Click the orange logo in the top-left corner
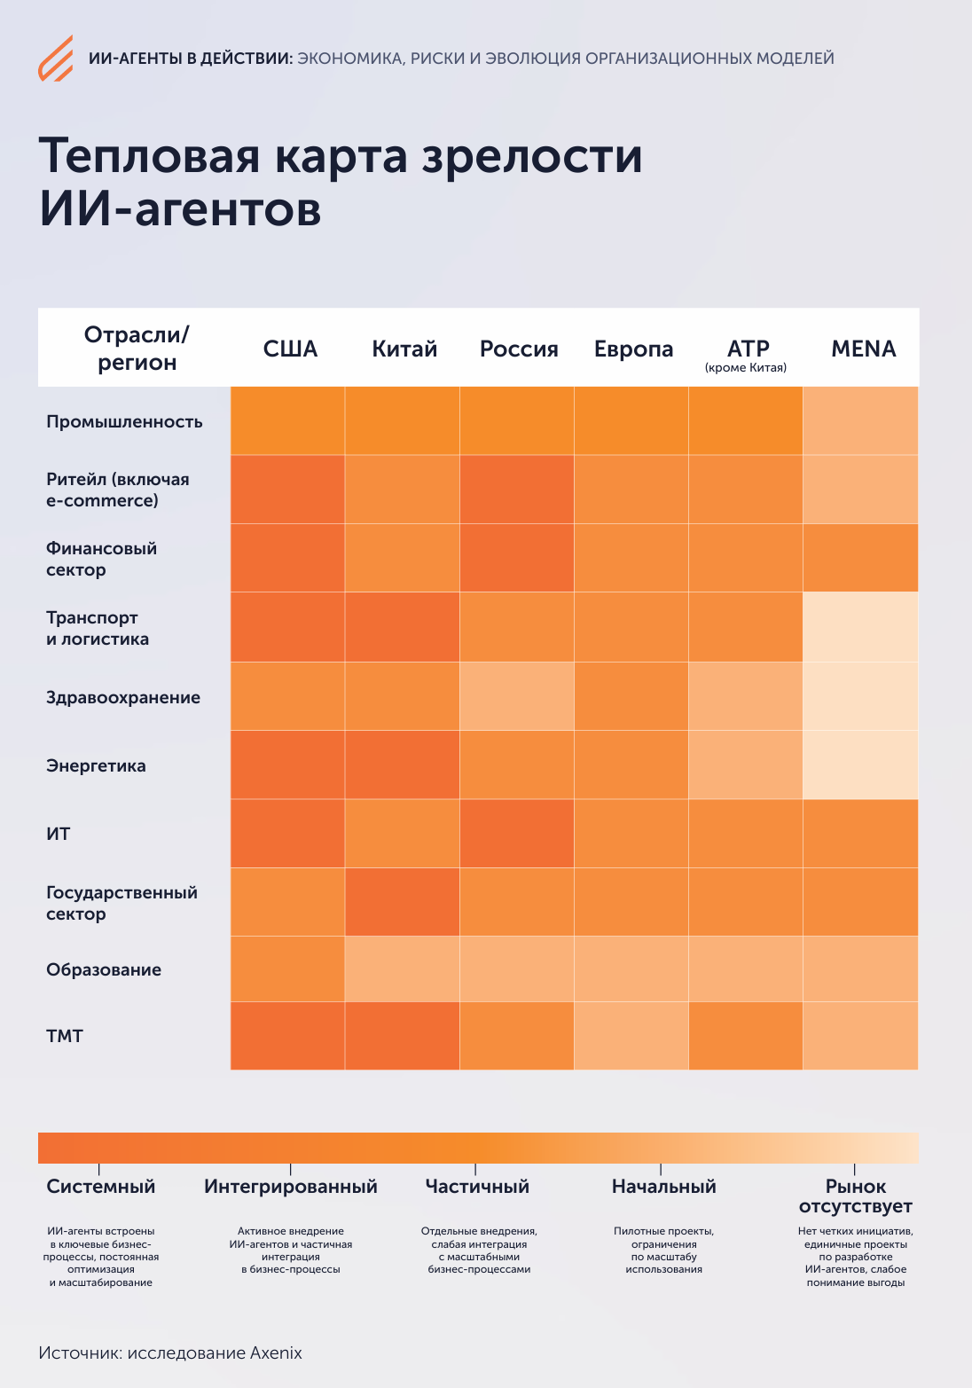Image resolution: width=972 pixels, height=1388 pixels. [55, 59]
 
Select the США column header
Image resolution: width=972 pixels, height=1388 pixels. [290, 349]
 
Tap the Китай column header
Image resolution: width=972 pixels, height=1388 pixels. [404, 349]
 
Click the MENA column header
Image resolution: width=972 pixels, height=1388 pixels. [863, 349]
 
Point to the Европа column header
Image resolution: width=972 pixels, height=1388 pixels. [633, 349]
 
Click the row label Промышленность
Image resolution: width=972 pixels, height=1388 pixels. [124, 422]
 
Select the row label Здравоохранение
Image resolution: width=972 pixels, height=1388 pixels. [123, 698]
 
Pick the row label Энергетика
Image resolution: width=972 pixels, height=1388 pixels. [96, 766]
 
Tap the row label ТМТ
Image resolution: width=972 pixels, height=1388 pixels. [65, 1036]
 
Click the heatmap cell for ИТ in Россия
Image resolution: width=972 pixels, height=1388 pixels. [517, 834]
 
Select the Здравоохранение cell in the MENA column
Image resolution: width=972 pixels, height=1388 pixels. [860, 696]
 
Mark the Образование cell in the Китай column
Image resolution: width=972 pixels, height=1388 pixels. [403, 969]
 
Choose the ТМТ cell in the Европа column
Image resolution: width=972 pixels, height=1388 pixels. [631, 1036]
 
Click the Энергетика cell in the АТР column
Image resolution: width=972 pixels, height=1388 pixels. [746, 765]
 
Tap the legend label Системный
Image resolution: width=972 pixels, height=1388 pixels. [100, 1187]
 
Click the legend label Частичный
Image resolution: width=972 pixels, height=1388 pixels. [477, 1187]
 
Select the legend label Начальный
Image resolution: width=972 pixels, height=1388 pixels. [663, 1187]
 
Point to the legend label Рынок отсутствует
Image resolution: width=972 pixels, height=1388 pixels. [855, 1196]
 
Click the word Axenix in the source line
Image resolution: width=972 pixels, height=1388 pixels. [276, 1353]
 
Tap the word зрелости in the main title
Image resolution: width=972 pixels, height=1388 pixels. [531, 156]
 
